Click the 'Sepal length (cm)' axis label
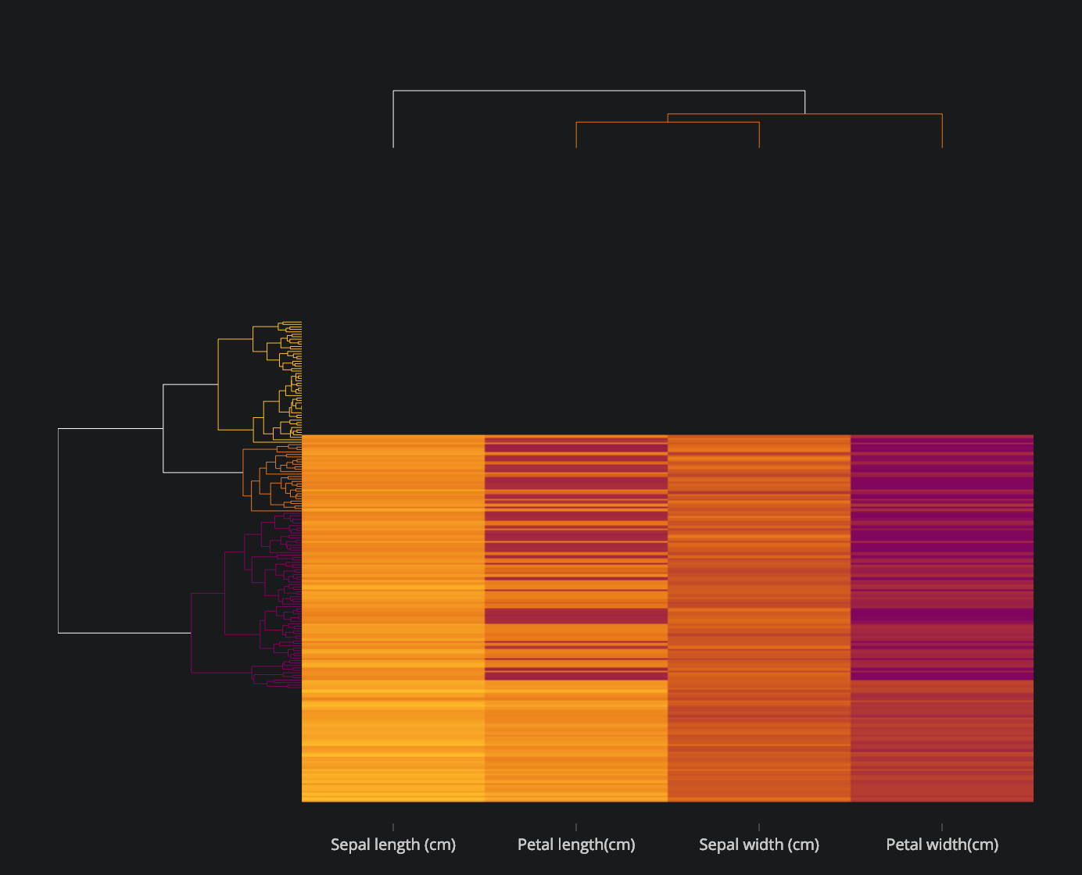[393, 845]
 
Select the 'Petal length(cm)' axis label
[576, 845]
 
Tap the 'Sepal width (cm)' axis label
[759, 845]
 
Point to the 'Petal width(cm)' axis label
[942, 845]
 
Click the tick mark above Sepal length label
[393, 827]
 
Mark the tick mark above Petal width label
[942, 827]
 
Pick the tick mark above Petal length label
[576, 827]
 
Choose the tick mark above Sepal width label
[759, 827]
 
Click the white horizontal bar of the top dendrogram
[599, 91]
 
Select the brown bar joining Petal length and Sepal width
[668, 122]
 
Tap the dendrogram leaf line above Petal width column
[942, 131]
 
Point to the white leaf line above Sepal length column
[393, 119]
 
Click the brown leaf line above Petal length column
[576, 134]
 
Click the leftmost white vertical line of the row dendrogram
[58, 531]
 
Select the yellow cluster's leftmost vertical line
[218, 384]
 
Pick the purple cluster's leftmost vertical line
[192, 633]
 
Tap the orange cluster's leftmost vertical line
[242, 473]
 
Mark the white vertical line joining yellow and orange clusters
[163, 428]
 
